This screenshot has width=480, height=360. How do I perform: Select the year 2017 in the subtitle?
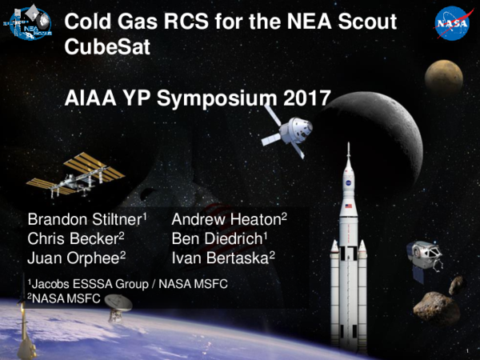click(306, 100)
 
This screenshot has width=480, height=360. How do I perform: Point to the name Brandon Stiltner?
click(86, 219)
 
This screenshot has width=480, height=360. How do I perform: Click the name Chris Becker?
click(75, 238)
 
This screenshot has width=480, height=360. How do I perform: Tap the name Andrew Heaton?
click(228, 219)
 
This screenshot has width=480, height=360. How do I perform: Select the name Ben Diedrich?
click(219, 238)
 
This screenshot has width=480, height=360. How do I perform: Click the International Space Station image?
click(74, 174)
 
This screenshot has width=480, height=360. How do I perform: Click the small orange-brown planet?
click(443, 76)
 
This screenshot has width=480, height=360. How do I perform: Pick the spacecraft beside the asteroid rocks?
click(421, 258)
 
